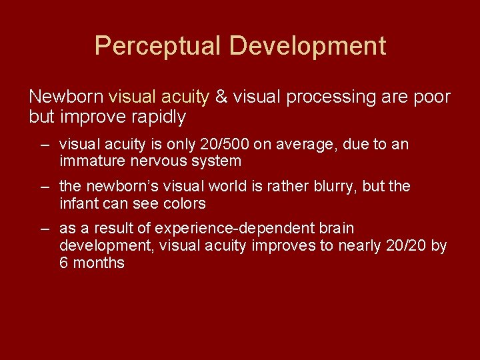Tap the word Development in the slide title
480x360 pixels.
[307, 46]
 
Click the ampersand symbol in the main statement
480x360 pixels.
[221, 97]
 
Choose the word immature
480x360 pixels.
[92, 161]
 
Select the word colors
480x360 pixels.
[181, 203]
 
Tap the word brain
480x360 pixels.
[337, 229]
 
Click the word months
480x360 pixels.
[99, 263]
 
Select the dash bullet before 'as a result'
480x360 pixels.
[44, 229]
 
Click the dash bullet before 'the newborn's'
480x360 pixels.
[44, 187]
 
